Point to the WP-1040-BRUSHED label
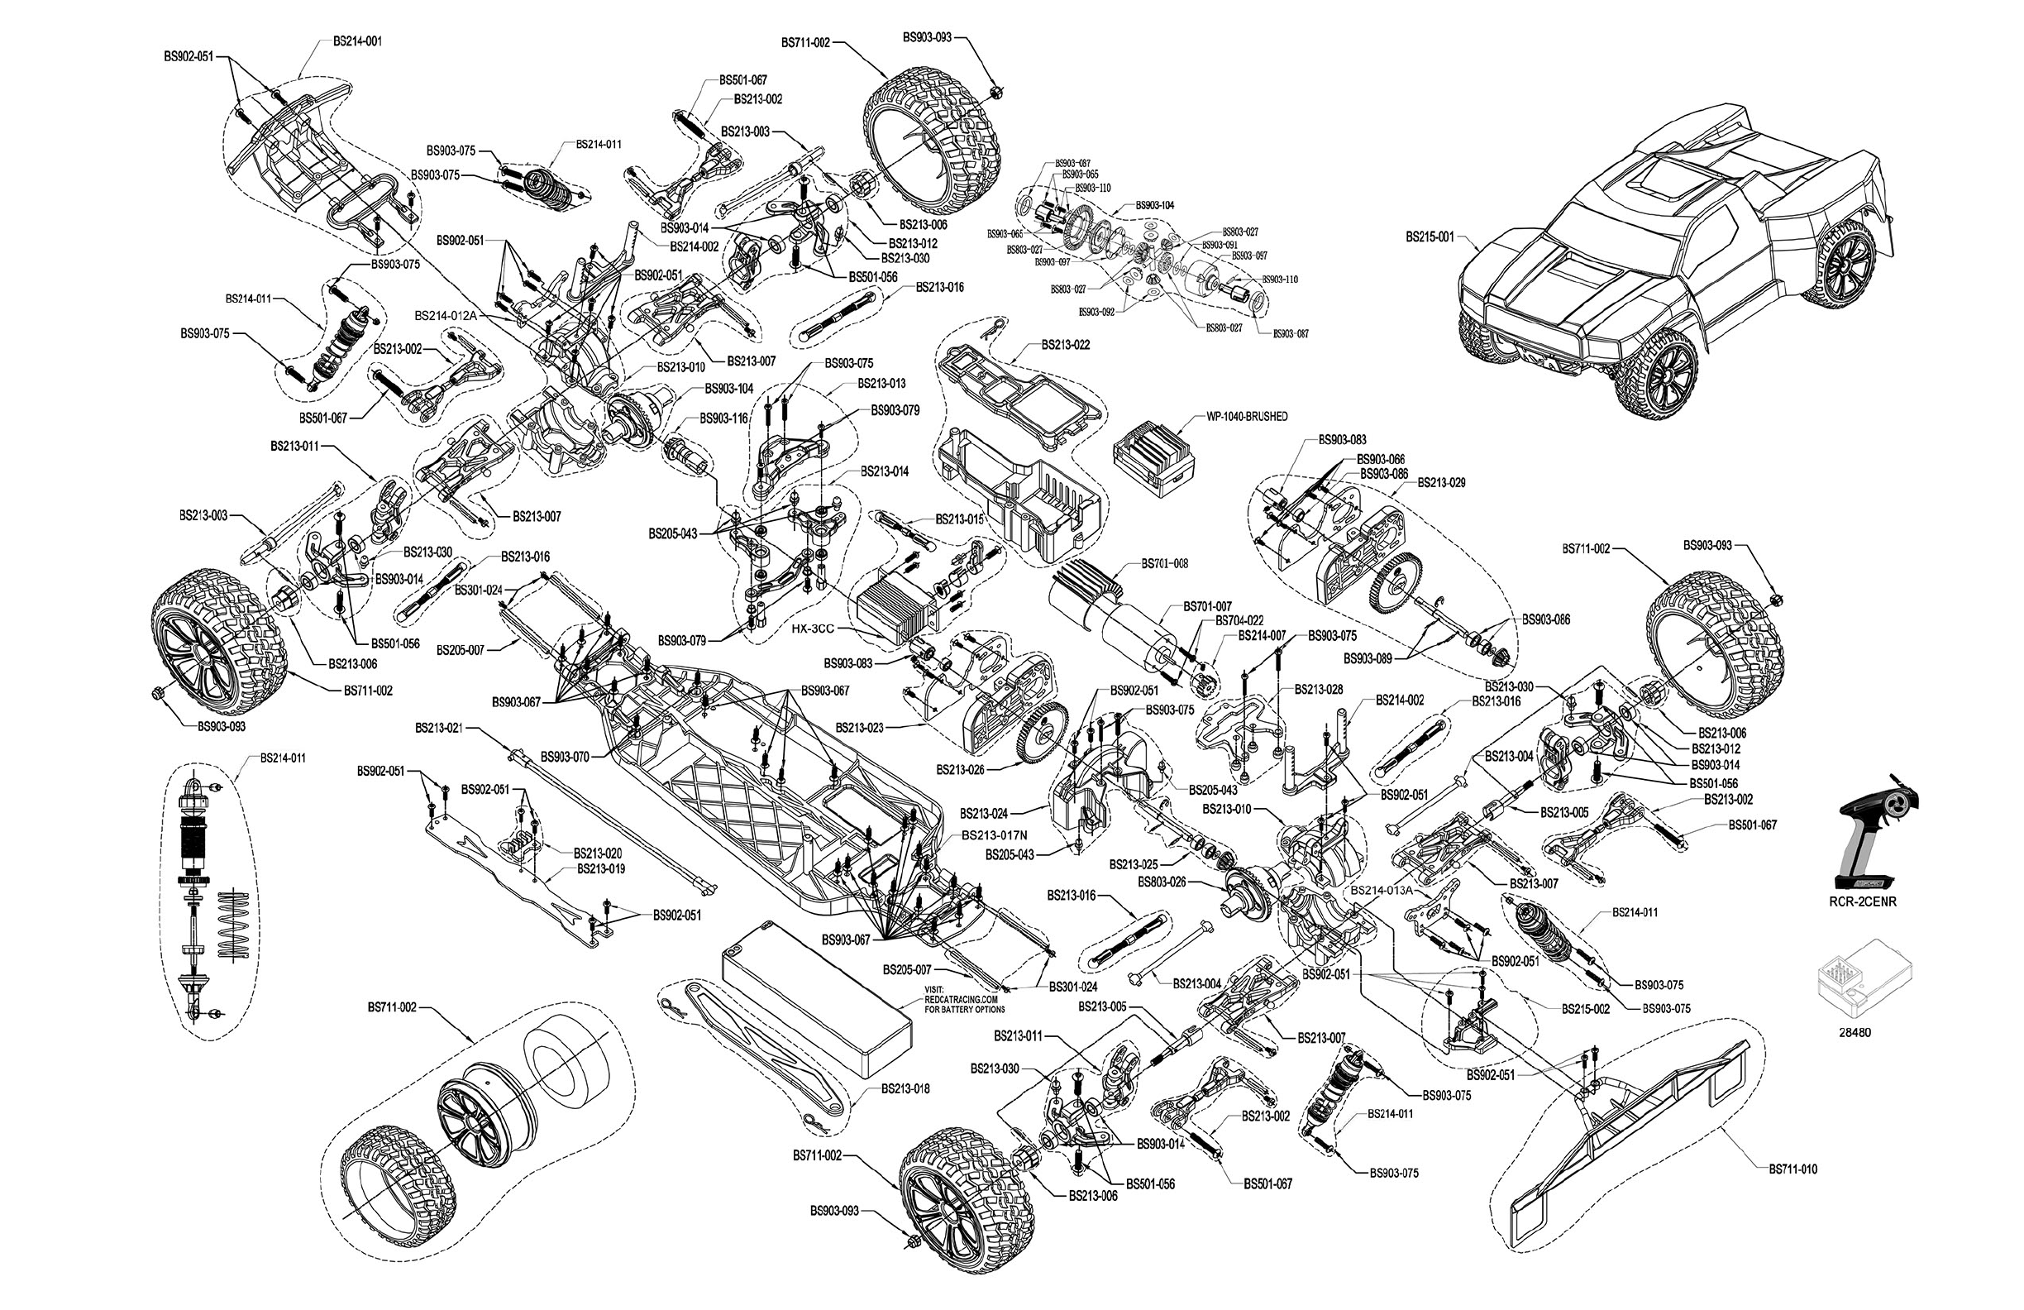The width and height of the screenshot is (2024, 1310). click(1247, 417)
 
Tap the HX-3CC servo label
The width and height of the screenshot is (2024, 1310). click(812, 629)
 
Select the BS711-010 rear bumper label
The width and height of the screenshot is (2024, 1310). click(1792, 1169)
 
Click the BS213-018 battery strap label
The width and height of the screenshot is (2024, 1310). click(905, 1089)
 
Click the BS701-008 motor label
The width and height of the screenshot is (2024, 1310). click(1164, 564)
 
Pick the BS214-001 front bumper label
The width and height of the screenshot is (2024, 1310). click(357, 41)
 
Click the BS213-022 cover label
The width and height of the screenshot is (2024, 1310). click(1066, 346)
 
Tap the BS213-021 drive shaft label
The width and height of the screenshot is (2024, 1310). click(439, 727)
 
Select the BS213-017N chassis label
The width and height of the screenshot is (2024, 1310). click(994, 835)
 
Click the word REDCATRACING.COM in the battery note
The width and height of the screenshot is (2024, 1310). click(963, 1000)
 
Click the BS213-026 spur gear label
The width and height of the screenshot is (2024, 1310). click(960, 769)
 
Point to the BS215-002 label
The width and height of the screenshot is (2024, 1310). click(1585, 1009)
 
